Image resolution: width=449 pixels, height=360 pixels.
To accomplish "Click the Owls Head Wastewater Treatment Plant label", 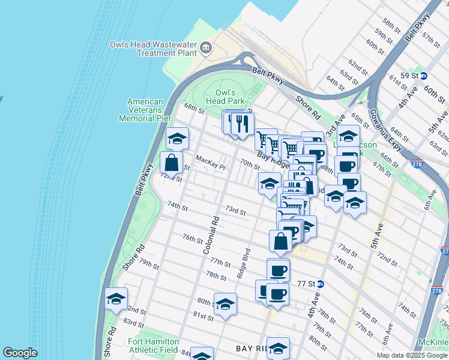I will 154,49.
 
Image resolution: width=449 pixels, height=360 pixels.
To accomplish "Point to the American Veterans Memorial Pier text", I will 145,110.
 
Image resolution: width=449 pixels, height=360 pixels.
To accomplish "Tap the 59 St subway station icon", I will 423,76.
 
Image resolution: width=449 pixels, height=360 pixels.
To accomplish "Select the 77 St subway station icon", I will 320,284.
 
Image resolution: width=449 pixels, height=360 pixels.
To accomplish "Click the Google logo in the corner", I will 20,353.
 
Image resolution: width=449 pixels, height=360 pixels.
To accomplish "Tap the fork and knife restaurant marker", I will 243,124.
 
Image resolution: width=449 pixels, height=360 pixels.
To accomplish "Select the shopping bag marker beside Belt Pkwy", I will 172,163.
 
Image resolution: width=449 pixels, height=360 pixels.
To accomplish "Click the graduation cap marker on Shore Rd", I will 116,299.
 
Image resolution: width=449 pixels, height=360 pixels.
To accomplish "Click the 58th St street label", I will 391,25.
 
